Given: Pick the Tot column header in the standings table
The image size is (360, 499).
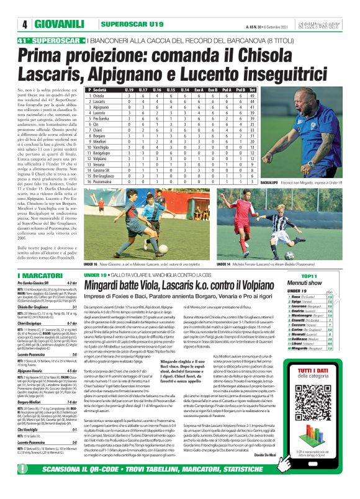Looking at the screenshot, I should (252, 90).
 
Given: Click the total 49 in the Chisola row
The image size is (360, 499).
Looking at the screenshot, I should (252, 96).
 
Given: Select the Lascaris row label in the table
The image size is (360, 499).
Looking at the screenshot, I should (100, 102).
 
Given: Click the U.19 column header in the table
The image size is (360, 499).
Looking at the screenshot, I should (129, 90).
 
